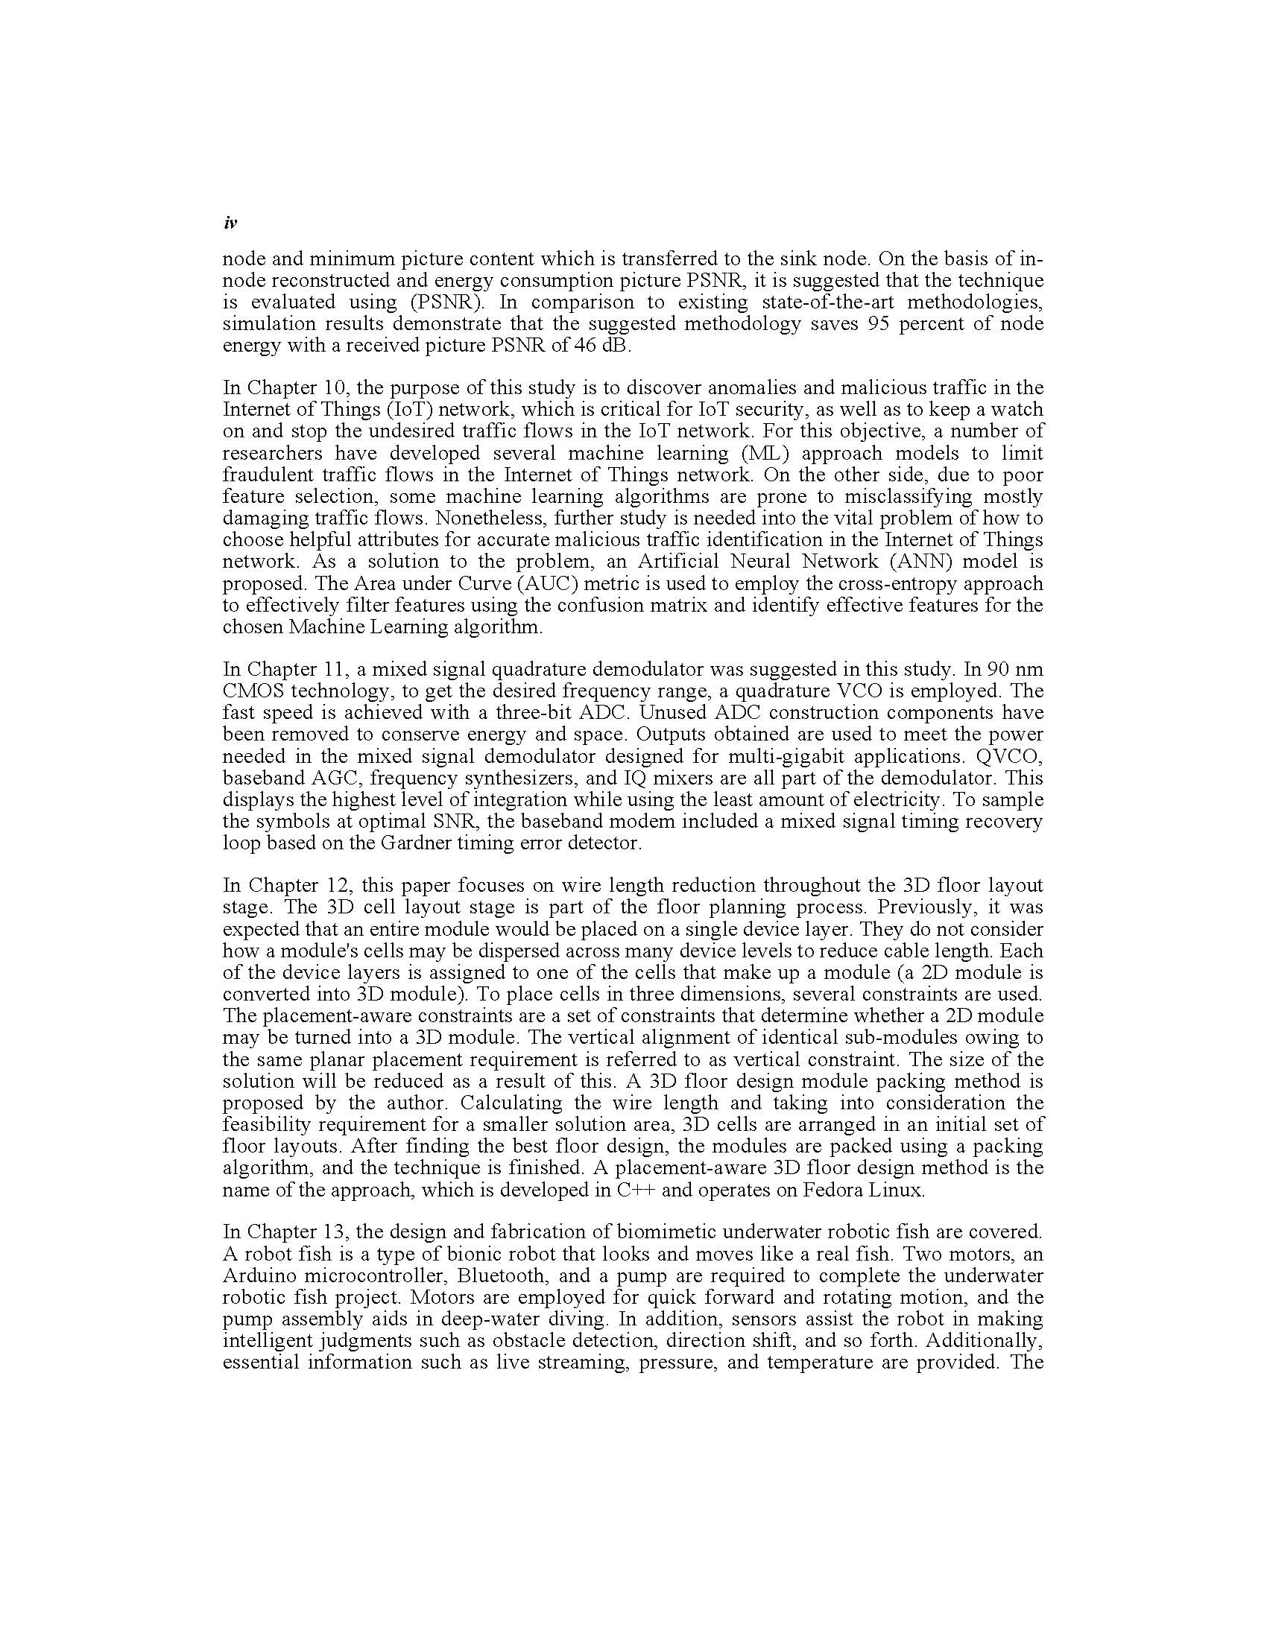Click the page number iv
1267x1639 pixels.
click(230, 223)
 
